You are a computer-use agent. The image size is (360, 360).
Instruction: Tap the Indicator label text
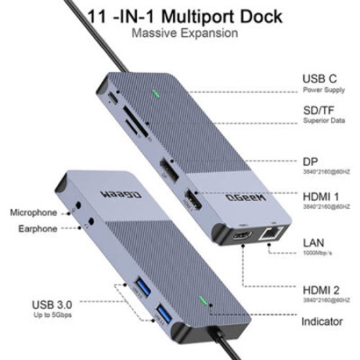pos(321,322)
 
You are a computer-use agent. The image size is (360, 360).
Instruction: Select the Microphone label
pos(33,212)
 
